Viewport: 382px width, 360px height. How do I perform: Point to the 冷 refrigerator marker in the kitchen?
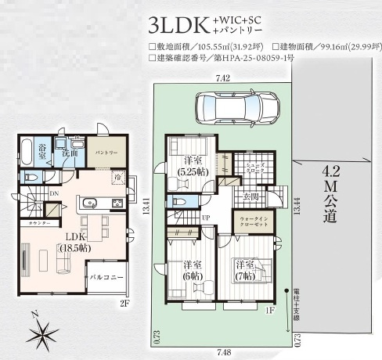click(x=114, y=177)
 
